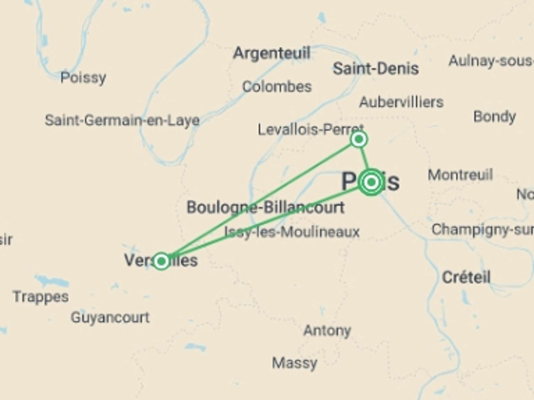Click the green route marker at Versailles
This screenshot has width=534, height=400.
[x=161, y=261]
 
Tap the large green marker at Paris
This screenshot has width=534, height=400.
[x=372, y=182]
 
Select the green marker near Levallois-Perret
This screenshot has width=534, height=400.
[x=359, y=139]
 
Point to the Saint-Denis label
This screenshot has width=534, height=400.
[x=376, y=68]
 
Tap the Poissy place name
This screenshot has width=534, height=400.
[x=83, y=77]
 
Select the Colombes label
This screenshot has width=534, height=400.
[x=277, y=87]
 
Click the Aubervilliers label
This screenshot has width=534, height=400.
[x=401, y=102]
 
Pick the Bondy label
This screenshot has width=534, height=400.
[x=495, y=117]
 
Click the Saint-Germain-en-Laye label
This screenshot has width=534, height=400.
[x=122, y=121]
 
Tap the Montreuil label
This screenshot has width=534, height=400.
[x=460, y=175]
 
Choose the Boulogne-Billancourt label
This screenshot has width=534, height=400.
[x=266, y=207]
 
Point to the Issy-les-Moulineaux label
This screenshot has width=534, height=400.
[x=292, y=232]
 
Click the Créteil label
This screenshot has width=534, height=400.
[x=466, y=277]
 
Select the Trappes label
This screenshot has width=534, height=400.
[x=41, y=297]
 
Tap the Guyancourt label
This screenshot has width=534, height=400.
[x=110, y=317]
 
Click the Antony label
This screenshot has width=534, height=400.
[x=327, y=331]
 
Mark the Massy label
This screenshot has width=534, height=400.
[x=295, y=363]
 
